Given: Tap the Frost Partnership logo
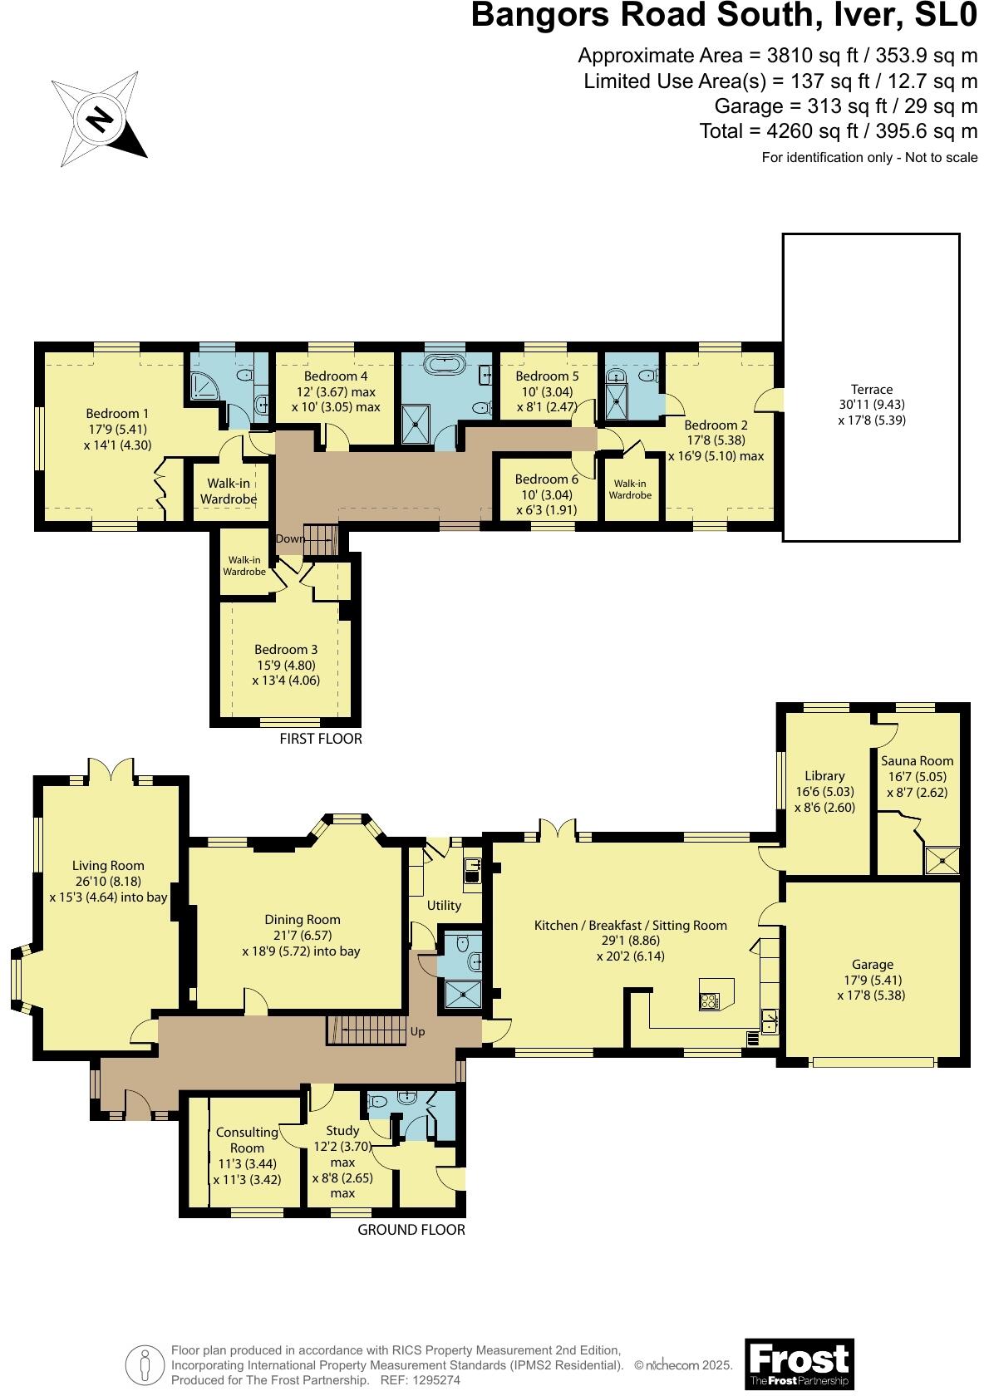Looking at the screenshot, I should [799, 1363].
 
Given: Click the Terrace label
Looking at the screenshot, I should [871, 389].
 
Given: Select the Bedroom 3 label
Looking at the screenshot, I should [286, 649].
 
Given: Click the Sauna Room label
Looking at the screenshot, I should [917, 760].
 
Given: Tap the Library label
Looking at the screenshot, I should [824, 775].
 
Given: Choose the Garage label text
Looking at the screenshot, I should [872, 964].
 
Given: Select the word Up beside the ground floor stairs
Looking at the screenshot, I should [417, 1031].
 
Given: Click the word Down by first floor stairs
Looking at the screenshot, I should [290, 538].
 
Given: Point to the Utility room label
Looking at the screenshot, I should [444, 905].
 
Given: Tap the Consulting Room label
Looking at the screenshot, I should [247, 1139].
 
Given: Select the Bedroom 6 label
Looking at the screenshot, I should [546, 479].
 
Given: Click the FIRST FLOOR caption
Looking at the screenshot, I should [321, 738].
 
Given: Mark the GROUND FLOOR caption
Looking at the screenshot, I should [411, 1229].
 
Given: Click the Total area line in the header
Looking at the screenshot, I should [838, 131].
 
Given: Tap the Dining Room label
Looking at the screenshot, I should [303, 919].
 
